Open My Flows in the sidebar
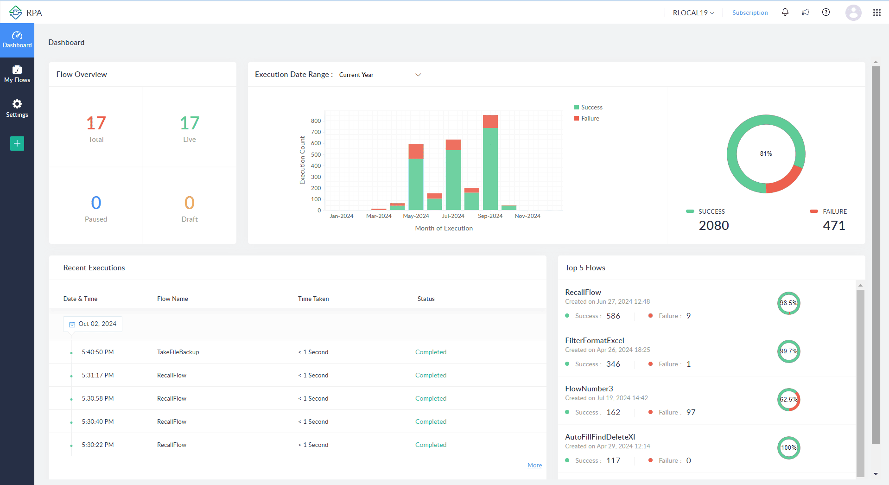[17, 74]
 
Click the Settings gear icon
[17, 104]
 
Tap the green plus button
[17, 143]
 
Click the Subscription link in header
[749, 13]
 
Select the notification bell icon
[785, 13]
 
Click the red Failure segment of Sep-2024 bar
[490, 121]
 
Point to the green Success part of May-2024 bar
[416, 184]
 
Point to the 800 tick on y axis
[316, 121]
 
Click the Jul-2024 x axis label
[453, 216]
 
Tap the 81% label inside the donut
[766, 153]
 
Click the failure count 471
[833, 225]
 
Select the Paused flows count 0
[96, 203]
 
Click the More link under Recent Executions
[534, 465]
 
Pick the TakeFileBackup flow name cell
[178, 352]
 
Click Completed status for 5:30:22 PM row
[431, 445]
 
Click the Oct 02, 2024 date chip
[93, 324]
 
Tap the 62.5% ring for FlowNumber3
[788, 399]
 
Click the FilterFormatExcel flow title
[594, 340]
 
